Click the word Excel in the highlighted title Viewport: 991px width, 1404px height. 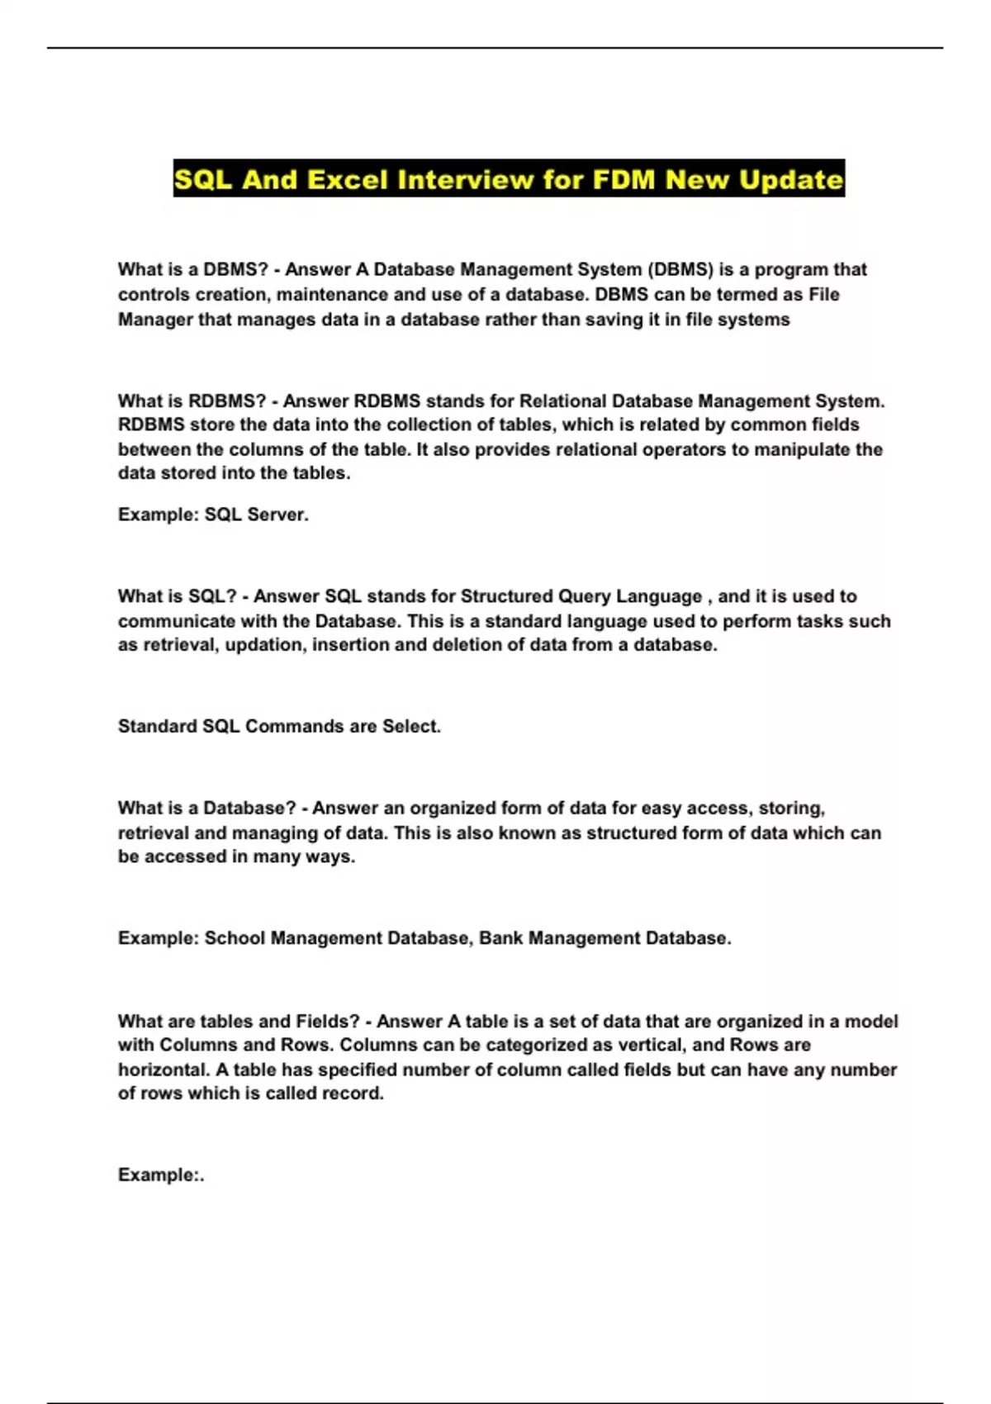coord(347,179)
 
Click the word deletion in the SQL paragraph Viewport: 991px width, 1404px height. coord(464,644)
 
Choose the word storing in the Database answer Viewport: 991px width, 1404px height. coord(791,808)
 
